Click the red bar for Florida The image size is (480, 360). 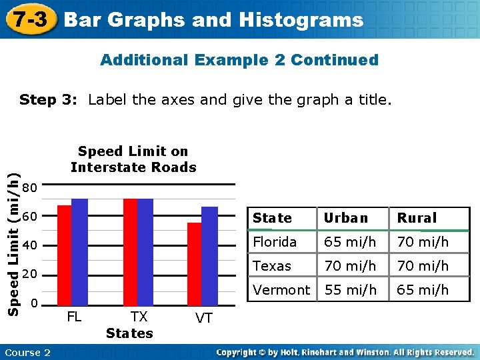click(x=64, y=255)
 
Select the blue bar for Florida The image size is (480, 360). click(x=79, y=251)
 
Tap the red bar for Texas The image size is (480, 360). click(x=130, y=251)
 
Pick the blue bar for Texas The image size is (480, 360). click(x=145, y=251)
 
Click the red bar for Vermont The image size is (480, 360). click(x=194, y=263)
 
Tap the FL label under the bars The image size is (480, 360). click(x=74, y=317)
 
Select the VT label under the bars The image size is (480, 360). click(x=204, y=319)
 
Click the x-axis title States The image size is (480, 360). click(x=129, y=333)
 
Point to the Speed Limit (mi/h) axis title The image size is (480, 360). click(x=11, y=241)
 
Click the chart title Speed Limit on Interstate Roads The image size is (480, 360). click(x=133, y=159)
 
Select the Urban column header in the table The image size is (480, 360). click(x=345, y=218)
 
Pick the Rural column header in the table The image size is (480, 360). click(x=417, y=218)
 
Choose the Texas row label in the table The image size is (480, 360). click(x=272, y=266)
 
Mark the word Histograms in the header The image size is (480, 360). click(x=311, y=20)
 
